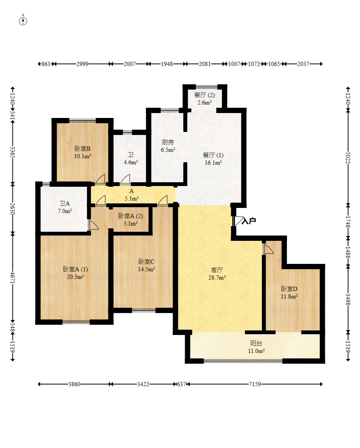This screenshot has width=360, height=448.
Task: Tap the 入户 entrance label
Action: pos(249,220)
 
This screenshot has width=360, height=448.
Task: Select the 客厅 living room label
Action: pos(217,270)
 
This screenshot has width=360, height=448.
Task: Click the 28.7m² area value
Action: pos(217,277)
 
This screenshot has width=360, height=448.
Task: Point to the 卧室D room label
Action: pos(289,289)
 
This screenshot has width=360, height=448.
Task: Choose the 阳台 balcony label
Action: pos(256,343)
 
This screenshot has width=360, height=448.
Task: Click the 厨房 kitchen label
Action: pos(168,142)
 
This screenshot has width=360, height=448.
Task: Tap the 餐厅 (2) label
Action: pos(204,95)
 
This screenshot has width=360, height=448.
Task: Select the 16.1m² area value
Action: pos(213,163)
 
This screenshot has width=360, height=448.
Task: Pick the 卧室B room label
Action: pos(82,149)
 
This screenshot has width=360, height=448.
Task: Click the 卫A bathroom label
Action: pos(65,203)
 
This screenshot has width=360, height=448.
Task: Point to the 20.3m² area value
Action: pos(76,277)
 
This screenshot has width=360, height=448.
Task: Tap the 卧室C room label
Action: pos(147,262)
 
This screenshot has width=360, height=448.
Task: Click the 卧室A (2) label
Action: pos(130,216)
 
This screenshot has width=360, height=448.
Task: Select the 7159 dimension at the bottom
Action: pos(255,384)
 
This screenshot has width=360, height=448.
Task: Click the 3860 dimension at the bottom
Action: pos(74,384)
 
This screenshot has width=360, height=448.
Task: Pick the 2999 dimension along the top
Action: pos(82,64)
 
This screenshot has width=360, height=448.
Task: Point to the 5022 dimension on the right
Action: pos(348,158)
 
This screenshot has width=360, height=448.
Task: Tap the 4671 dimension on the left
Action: pos(12,277)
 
